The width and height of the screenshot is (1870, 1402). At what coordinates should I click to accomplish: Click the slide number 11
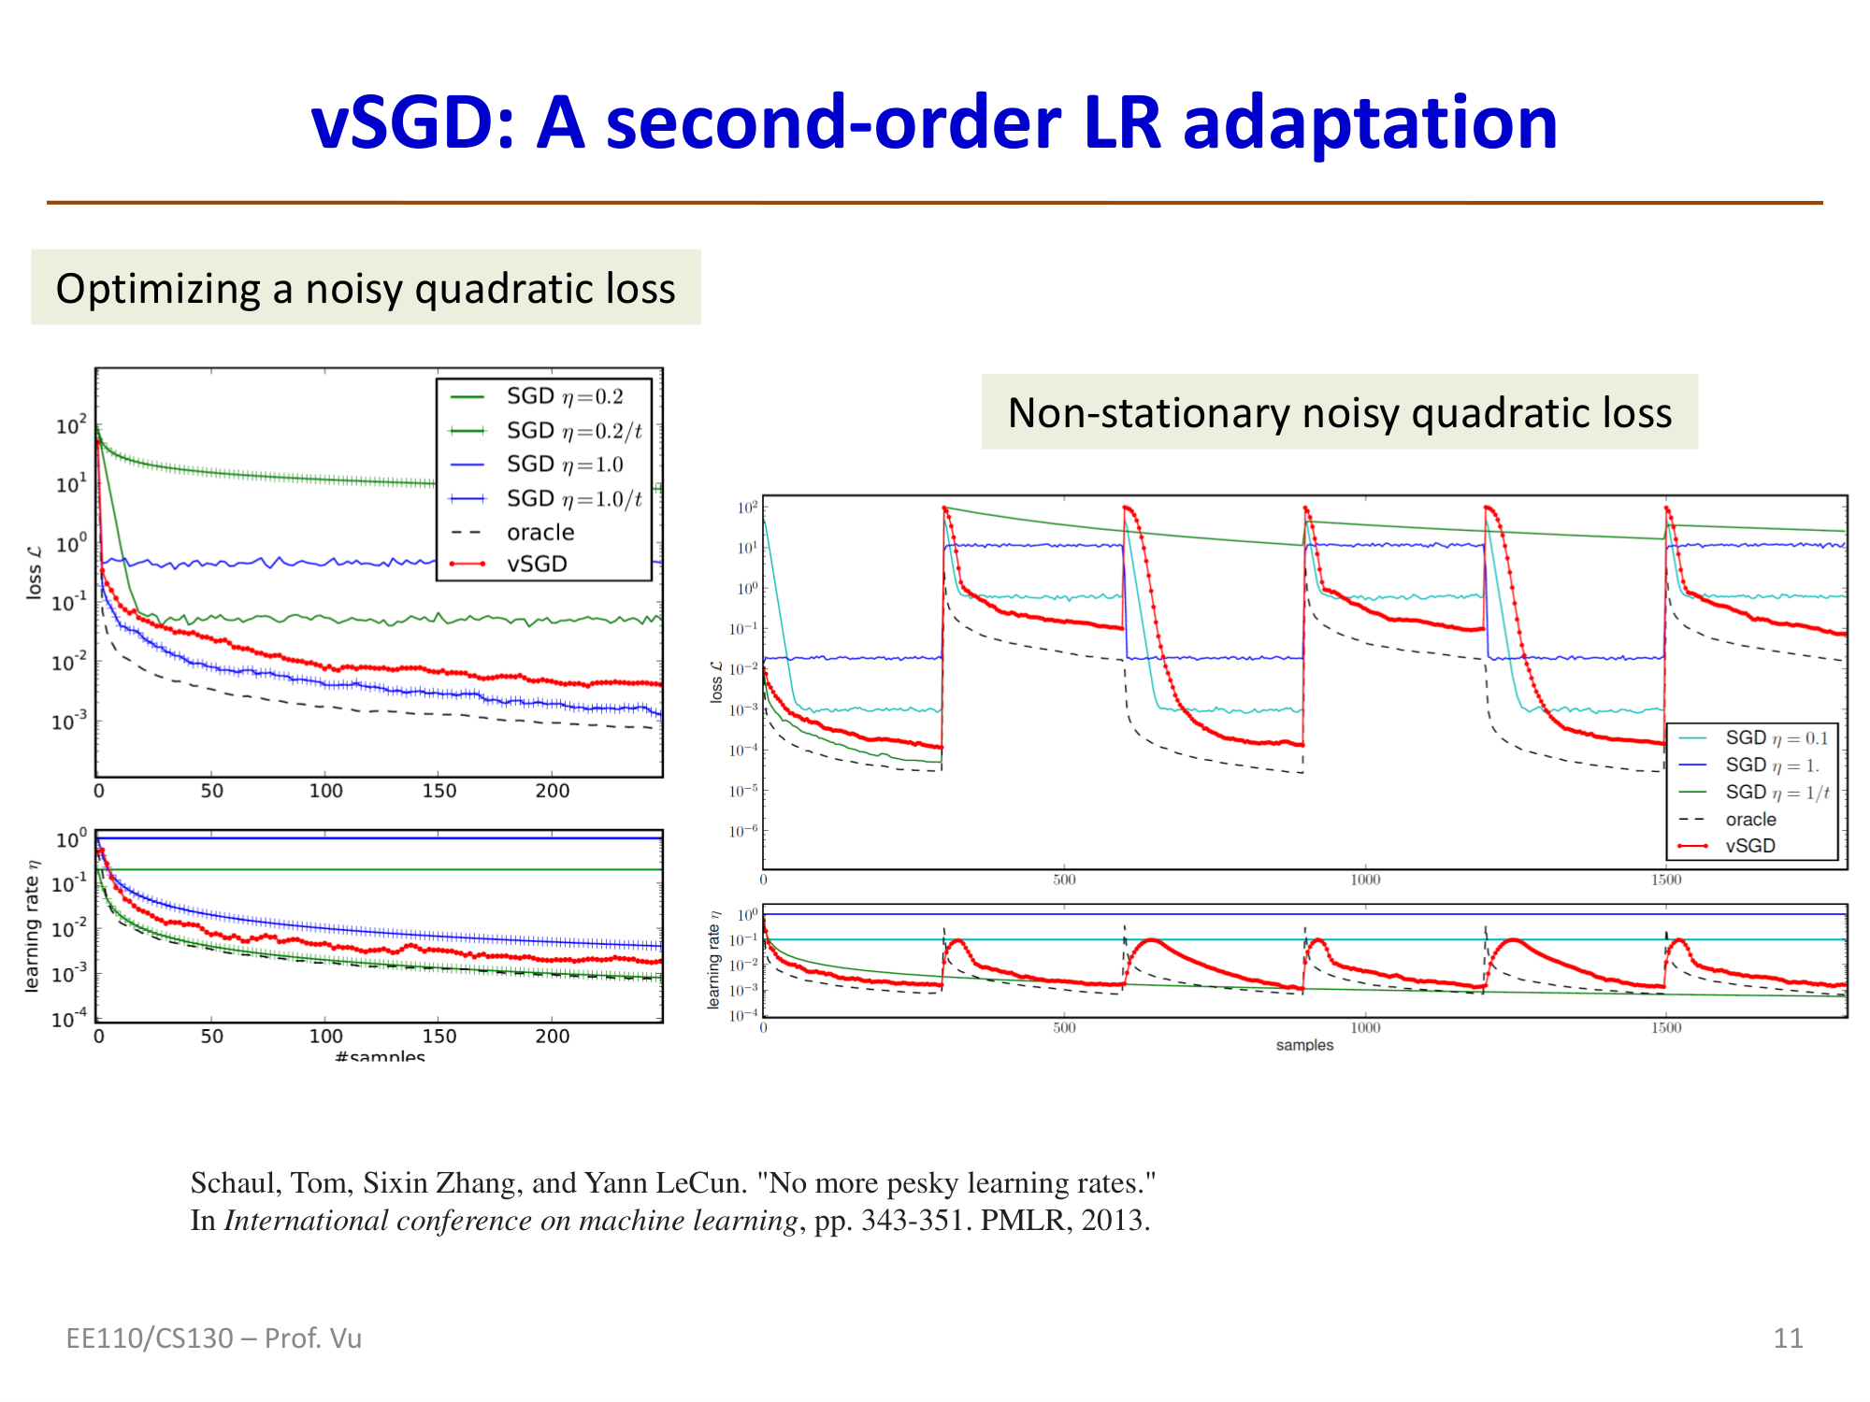point(1788,1338)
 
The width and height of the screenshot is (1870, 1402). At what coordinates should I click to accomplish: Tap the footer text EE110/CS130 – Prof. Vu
point(213,1338)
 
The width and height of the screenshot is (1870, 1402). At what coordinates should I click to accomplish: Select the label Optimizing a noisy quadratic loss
point(366,288)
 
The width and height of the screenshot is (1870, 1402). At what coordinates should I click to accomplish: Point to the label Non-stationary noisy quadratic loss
point(1339,412)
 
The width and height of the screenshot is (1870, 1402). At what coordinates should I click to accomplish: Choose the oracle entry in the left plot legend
point(539,532)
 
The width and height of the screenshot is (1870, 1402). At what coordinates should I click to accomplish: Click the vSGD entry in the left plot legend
point(537,564)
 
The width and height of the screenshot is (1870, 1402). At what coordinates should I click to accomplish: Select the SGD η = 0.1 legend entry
point(1776,738)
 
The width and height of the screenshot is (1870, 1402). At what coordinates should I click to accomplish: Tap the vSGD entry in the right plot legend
point(1749,846)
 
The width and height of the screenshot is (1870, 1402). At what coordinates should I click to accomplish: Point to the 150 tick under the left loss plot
point(439,791)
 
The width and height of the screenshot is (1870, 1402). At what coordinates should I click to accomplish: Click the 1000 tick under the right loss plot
point(1365,880)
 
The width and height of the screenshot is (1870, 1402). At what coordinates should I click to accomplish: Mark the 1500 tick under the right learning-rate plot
point(1665,1028)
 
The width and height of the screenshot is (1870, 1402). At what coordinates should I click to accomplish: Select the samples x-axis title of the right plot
point(1304,1045)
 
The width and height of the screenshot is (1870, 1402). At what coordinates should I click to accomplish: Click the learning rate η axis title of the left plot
point(34,925)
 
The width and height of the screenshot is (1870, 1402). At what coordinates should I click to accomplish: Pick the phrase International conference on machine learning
point(511,1221)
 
